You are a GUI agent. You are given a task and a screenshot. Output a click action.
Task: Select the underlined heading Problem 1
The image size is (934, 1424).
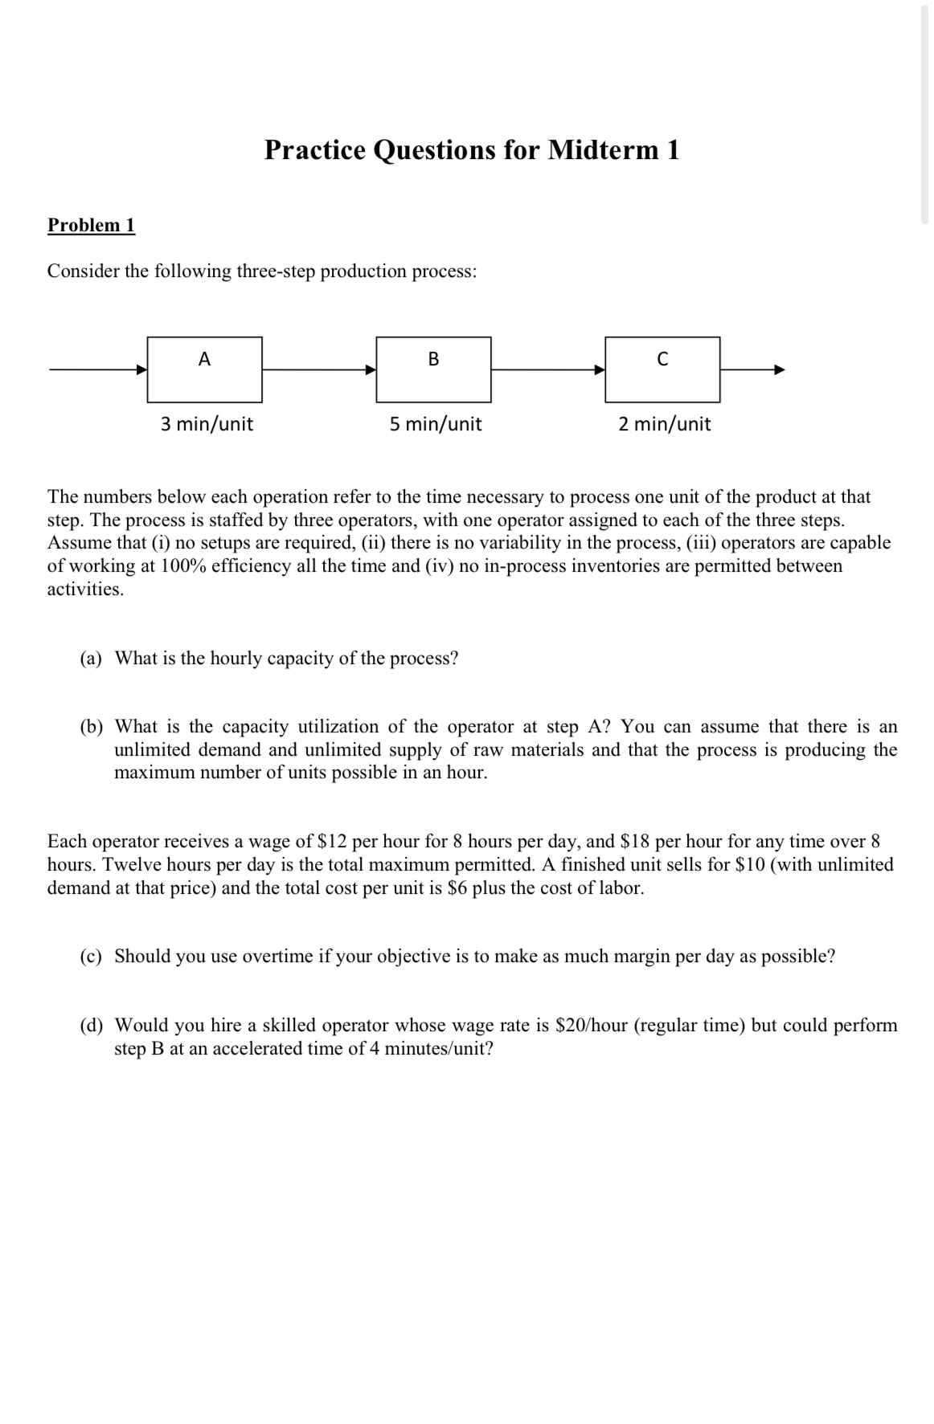tap(91, 225)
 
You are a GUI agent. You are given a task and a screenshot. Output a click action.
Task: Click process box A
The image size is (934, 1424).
tap(204, 369)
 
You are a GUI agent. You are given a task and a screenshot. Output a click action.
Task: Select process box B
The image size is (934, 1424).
tap(433, 369)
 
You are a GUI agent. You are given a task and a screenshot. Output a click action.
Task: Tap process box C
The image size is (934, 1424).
tap(662, 369)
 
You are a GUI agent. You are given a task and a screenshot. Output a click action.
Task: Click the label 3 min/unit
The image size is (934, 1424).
tap(207, 424)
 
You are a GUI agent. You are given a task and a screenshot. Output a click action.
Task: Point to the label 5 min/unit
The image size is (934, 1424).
tap(436, 424)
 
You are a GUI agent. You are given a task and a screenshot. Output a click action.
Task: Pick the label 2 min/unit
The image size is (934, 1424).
tap(664, 424)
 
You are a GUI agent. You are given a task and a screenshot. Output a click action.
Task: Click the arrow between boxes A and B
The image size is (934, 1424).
tap(319, 369)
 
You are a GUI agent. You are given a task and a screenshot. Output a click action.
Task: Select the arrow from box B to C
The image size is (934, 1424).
tap(548, 369)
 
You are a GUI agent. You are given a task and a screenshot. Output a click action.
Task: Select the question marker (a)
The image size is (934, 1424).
tap(91, 659)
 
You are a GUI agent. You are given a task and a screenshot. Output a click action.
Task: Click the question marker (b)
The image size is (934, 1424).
tap(91, 727)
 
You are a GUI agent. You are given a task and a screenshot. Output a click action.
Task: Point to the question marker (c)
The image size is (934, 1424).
tap(91, 957)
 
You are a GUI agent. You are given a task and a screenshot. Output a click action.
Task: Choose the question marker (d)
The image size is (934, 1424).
tap(91, 1026)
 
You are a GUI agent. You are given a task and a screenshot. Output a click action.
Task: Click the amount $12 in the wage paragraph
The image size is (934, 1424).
tap(333, 842)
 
